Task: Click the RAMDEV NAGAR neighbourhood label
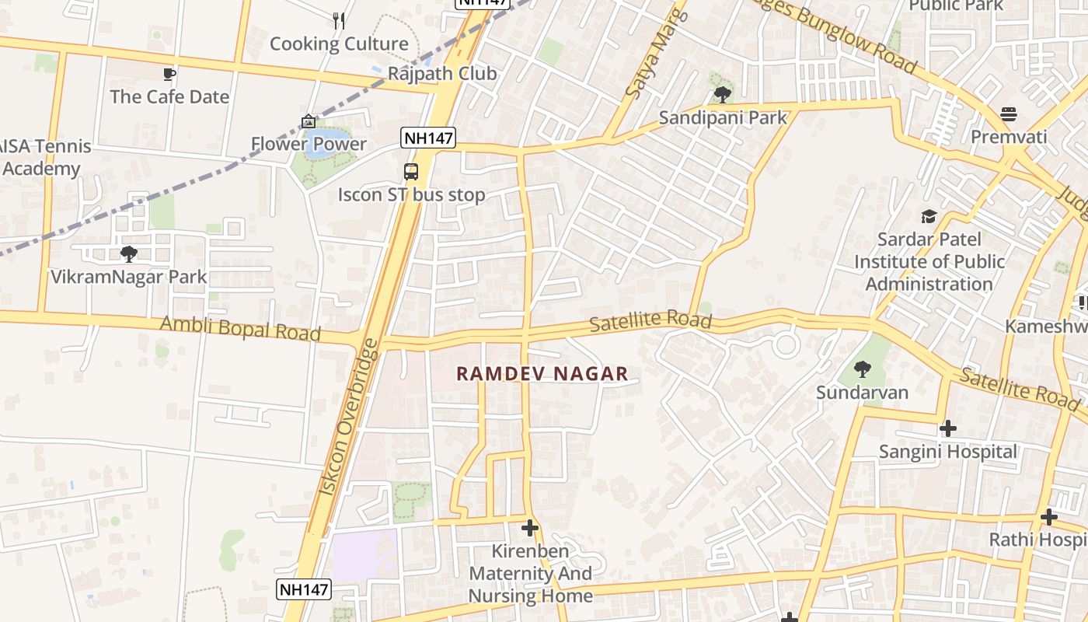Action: [x=542, y=374]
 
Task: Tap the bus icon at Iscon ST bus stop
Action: [x=411, y=172]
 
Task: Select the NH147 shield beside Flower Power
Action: [x=428, y=138]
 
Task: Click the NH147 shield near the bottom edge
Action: [x=305, y=589]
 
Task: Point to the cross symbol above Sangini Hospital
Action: [x=947, y=428]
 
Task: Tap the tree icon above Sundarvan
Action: [x=862, y=369]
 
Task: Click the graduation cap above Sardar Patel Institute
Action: [x=929, y=216]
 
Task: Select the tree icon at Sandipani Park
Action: [x=722, y=95]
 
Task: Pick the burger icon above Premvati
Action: [x=1009, y=114]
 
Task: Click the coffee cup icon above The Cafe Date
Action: [x=169, y=74]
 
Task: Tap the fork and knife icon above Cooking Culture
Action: [x=339, y=21]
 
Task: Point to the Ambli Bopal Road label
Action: [x=240, y=328]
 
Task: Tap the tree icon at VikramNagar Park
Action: [x=129, y=253]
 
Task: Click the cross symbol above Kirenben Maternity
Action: [x=530, y=529]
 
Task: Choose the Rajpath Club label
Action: [x=442, y=74]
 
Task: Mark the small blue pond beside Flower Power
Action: [x=320, y=145]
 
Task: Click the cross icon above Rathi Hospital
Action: [x=1049, y=516]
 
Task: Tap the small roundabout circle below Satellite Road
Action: [x=786, y=344]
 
